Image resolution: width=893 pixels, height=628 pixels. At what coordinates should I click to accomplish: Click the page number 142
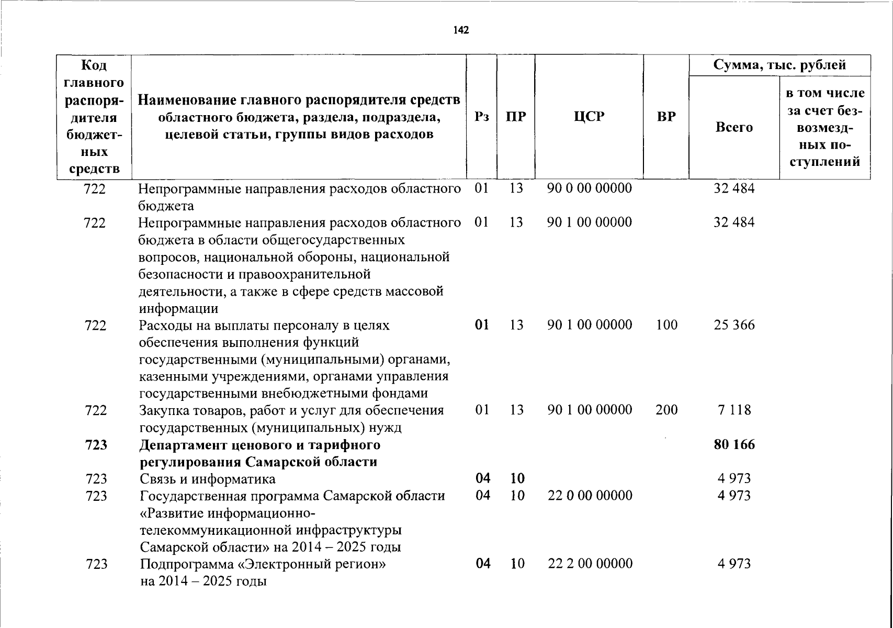(x=461, y=30)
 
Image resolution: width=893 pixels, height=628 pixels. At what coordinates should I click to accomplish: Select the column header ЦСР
(x=589, y=116)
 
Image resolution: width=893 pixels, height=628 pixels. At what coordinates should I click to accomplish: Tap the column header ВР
(x=666, y=116)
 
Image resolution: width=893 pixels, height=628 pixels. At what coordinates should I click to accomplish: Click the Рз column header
(x=482, y=116)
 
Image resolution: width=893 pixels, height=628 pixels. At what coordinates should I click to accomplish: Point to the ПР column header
(x=516, y=116)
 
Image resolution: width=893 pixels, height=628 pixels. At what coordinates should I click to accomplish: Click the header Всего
(x=734, y=127)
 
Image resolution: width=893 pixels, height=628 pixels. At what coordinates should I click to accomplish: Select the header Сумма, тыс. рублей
(x=779, y=65)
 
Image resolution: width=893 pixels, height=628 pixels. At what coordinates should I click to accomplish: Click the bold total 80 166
(x=734, y=445)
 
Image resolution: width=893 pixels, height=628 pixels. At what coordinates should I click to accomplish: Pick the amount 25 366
(x=734, y=325)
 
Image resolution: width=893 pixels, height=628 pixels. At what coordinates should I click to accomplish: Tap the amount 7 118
(x=734, y=410)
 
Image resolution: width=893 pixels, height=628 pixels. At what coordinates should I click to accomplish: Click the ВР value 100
(x=666, y=325)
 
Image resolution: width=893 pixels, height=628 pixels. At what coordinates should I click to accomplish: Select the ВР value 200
(x=666, y=410)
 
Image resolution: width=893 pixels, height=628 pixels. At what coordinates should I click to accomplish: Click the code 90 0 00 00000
(x=590, y=188)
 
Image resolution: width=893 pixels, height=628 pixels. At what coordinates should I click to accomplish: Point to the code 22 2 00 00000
(x=590, y=564)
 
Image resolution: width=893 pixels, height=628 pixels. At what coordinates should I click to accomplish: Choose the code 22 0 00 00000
(x=590, y=495)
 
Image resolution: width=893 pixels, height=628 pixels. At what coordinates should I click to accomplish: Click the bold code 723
(x=96, y=445)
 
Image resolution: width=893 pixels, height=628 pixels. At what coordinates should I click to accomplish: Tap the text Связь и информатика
(x=207, y=479)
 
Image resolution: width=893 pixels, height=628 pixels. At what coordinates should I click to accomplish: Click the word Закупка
(x=164, y=410)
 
